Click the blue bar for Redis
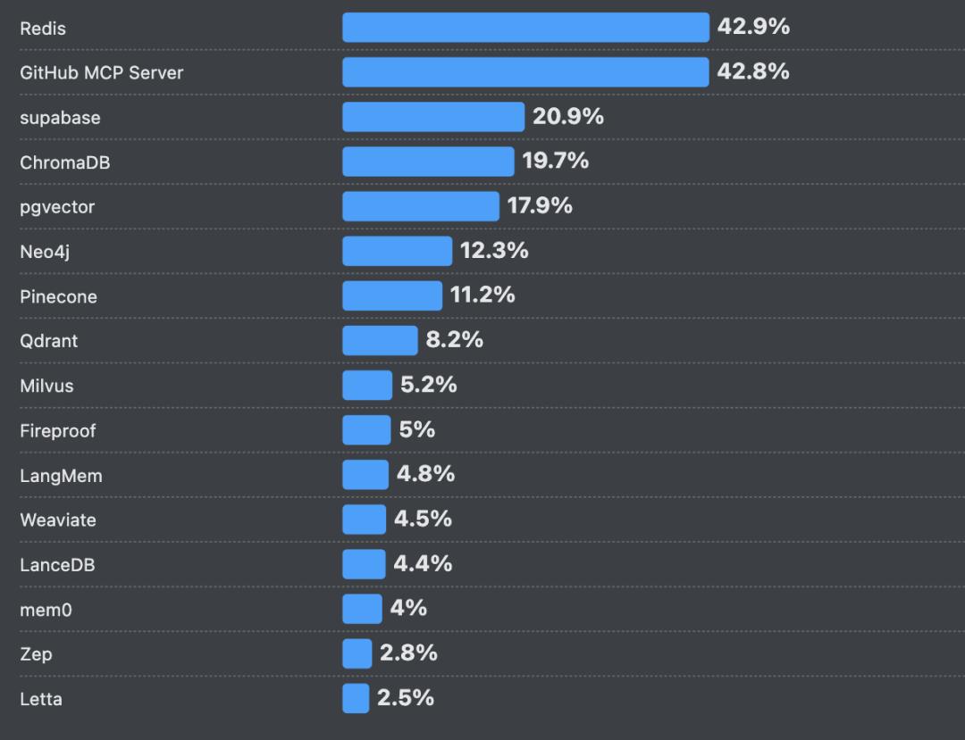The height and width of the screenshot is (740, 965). pyautogui.click(x=525, y=28)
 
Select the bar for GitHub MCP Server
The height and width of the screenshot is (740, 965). pyautogui.click(x=525, y=72)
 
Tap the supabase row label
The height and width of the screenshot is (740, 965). pyautogui.click(x=60, y=118)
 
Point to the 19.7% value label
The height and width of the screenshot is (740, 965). pyautogui.click(x=555, y=161)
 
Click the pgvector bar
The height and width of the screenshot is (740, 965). pyautogui.click(x=420, y=206)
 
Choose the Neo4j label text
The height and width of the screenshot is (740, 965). pyautogui.click(x=45, y=252)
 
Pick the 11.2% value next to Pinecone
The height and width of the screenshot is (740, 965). pyautogui.click(x=482, y=295)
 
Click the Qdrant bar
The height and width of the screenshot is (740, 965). pyautogui.click(x=380, y=340)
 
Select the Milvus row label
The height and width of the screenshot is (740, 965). pyautogui.click(x=46, y=386)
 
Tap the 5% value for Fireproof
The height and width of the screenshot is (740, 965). pyautogui.click(x=417, y=429)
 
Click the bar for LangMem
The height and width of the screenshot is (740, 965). pyautogui.click(x=365, y=475)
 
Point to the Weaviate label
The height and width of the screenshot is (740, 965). pyautogui.click(x=58, y=520)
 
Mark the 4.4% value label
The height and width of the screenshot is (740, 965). pyautogui.click(x=423, y=563)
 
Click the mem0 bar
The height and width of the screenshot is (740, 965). pyautogui.click(x=362, y=609)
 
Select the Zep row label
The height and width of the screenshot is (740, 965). pyautogui.click(x=36, y=654)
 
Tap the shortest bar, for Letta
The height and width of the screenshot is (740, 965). pyautogui.click(x=356, y=698)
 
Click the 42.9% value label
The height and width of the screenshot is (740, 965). pyautogui.click(x=753, y=27)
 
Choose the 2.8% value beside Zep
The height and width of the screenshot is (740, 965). pyautogui.click(x=408, y=653)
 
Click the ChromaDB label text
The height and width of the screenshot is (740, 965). pyautogui.click(x=65, y=162)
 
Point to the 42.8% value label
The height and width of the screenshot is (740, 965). pyautogui.click(x=753, y=71)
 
